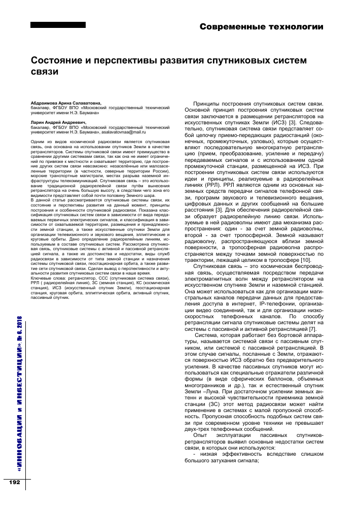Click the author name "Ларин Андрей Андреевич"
pyautogui.click(x=58, y=122)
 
